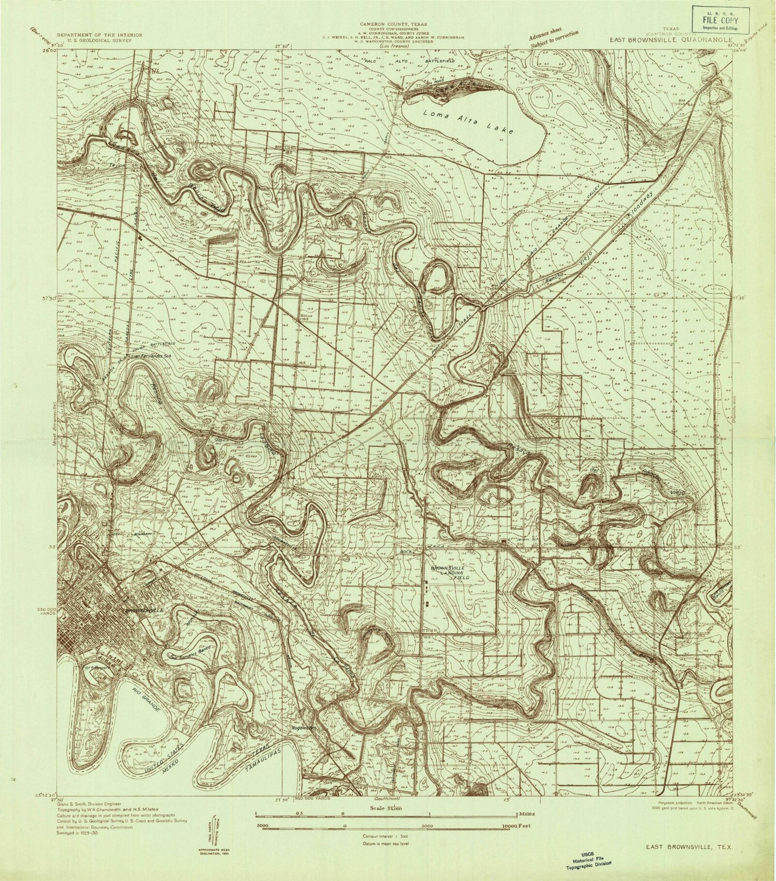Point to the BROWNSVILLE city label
coord(143,612)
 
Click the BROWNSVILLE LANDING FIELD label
coord(451,572)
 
